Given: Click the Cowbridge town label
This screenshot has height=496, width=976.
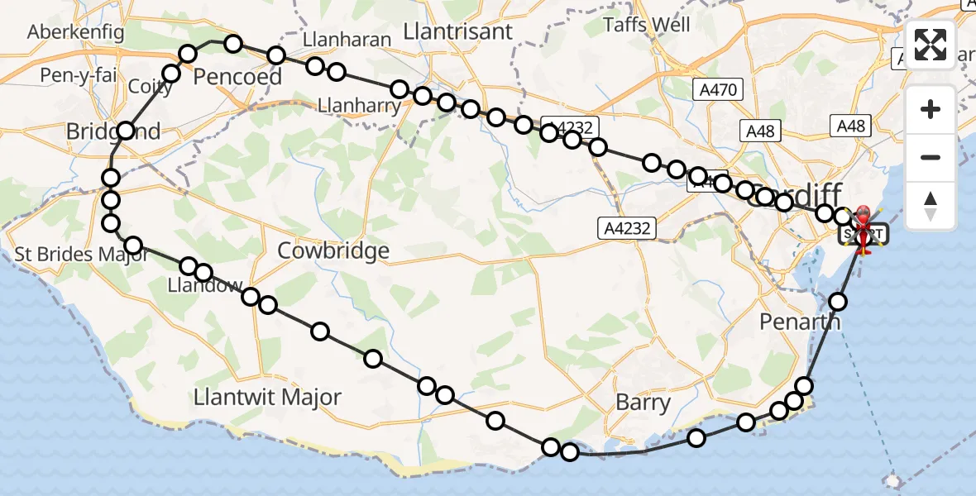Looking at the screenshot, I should (333, 250).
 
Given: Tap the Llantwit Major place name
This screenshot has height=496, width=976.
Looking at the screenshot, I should (267, 397).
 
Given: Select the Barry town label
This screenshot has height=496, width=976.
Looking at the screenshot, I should (643, 403).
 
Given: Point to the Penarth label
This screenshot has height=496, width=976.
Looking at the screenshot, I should (801, 322).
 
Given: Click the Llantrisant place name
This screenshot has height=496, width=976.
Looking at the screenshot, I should (457, 31).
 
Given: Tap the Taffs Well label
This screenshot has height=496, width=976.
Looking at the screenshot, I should (647, 24).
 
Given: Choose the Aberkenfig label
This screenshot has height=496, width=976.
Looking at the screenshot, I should (75, 32).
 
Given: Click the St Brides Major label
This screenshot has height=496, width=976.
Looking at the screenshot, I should (81, 254).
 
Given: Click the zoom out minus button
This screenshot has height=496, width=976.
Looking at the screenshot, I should (931, 157).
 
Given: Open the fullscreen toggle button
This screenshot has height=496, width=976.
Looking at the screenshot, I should (931, 45).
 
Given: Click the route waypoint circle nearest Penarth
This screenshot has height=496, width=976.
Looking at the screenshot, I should (839, 301).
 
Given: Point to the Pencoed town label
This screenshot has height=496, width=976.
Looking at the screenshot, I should (237, 77).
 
